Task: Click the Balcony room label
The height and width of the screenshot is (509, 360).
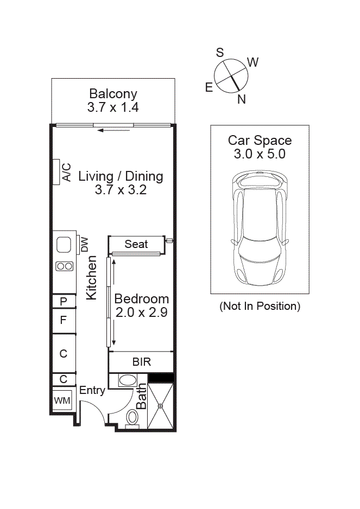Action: coord(113,94)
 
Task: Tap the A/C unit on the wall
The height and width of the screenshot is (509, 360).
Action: coord(56,172)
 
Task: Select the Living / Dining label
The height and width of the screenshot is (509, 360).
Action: coord(121,176)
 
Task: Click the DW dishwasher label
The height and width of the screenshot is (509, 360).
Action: coord(84,245)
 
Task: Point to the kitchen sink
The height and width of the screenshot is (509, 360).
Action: coord(64,245)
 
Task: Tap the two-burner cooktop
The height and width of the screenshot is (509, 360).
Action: coord(64,266)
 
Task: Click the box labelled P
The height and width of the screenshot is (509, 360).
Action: coord(64,301)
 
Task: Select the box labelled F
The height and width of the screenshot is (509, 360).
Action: coord(64,320)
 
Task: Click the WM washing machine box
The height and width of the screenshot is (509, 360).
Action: coord(61,400)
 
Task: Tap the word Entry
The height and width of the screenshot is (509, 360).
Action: coord(92,390)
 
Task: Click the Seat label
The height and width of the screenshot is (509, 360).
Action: coord(136,244)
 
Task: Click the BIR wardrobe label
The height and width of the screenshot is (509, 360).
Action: coord(141,362)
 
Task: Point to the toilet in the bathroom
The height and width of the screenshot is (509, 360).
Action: coord(132,418)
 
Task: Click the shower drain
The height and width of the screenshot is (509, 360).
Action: coord(161,405)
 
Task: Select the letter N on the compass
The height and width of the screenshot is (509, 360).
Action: coord(242,99)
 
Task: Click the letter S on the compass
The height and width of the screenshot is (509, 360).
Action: coord(220,53)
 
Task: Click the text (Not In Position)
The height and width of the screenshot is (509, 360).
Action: coord(260,306)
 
